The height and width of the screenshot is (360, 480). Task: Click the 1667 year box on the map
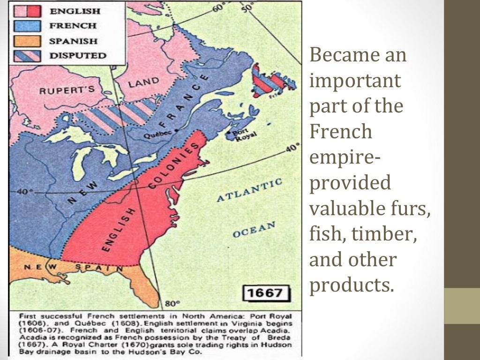point(265,293)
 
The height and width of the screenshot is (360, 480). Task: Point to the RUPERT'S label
point(67,90)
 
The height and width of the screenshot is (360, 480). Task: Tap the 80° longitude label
point(169,303)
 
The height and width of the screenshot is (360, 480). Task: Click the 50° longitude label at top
point(247,7)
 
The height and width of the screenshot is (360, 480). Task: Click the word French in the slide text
point(340,132)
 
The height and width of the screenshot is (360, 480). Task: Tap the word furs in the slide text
point(412,208)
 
